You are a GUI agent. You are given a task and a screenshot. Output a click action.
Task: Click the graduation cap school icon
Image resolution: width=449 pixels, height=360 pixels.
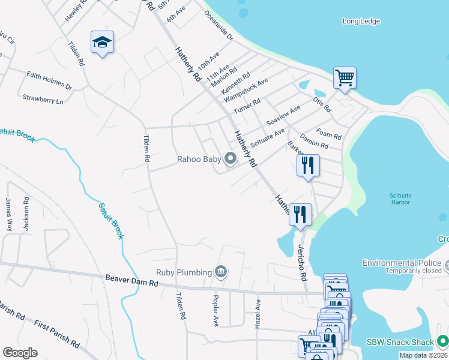click(102, 42)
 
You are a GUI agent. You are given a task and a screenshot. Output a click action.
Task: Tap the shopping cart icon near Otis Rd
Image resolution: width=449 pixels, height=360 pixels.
click(345, 77)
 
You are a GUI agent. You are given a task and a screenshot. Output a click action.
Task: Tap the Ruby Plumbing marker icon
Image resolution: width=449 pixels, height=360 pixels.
click(221, 272)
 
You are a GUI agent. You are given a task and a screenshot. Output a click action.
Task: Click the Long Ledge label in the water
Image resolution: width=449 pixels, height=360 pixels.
click(361, 22)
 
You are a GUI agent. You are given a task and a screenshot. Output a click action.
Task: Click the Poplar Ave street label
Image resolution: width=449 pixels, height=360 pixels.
click(215, 310)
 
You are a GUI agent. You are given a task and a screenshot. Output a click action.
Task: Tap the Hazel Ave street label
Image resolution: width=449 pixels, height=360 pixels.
click(258, 313)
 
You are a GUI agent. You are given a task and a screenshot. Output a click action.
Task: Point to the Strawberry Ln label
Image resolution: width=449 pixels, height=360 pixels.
click(43, 99)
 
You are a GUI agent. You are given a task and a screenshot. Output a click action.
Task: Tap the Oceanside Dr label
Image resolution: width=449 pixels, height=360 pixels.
click(218, 26)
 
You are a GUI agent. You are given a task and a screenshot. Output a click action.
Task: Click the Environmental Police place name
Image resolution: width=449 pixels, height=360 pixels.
click(402, 263)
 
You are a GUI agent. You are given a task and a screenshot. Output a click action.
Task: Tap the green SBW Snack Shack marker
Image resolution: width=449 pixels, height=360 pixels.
click(443, 341)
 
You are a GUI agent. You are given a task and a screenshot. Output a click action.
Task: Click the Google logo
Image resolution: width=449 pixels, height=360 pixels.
click(20, 353)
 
